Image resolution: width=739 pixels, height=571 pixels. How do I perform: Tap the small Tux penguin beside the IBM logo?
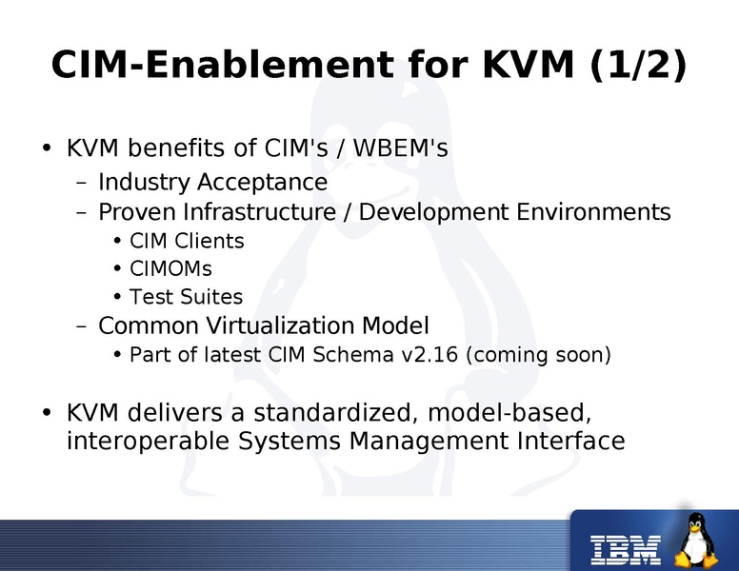pos(697,541)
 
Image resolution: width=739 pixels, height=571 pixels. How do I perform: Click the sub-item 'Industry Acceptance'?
pos(212,182)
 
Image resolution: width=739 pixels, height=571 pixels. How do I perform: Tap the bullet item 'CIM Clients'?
pos(187,241)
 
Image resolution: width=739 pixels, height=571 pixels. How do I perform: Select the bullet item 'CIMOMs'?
pos(170,269)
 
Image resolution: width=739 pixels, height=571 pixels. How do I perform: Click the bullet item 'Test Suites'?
pos(186,297)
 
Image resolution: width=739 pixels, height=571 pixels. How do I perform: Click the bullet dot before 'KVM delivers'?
pos(46,414)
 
